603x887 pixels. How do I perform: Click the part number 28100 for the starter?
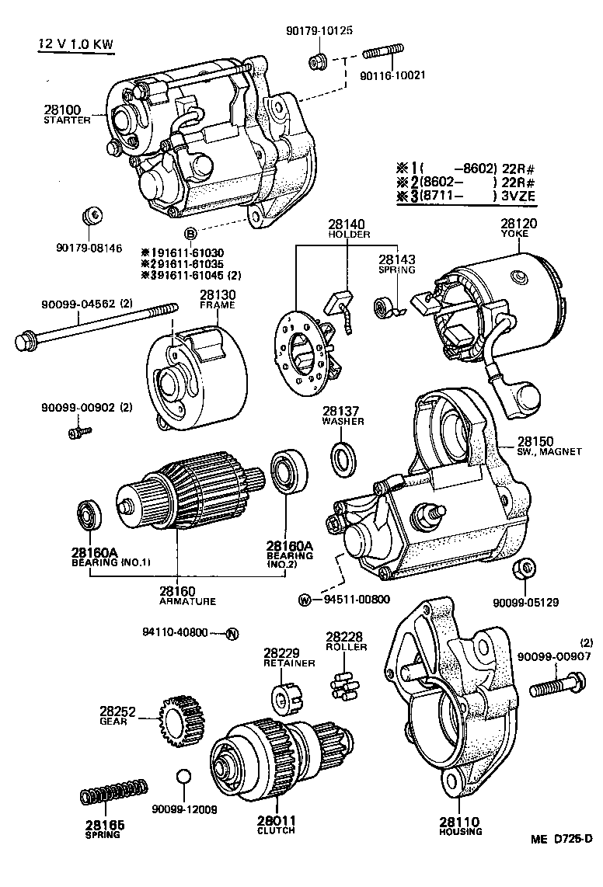click(x=61, y=110)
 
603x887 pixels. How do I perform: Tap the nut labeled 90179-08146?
click(x=89, y=213)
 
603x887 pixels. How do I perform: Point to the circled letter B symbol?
click(x=189, y=234)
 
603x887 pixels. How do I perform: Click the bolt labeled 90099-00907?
click(x=556, y=687)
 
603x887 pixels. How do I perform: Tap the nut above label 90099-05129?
click(x=525, y=569)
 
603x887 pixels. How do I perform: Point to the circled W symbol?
click(x=305, y=600)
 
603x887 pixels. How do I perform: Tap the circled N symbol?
click(x=230, y=633)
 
